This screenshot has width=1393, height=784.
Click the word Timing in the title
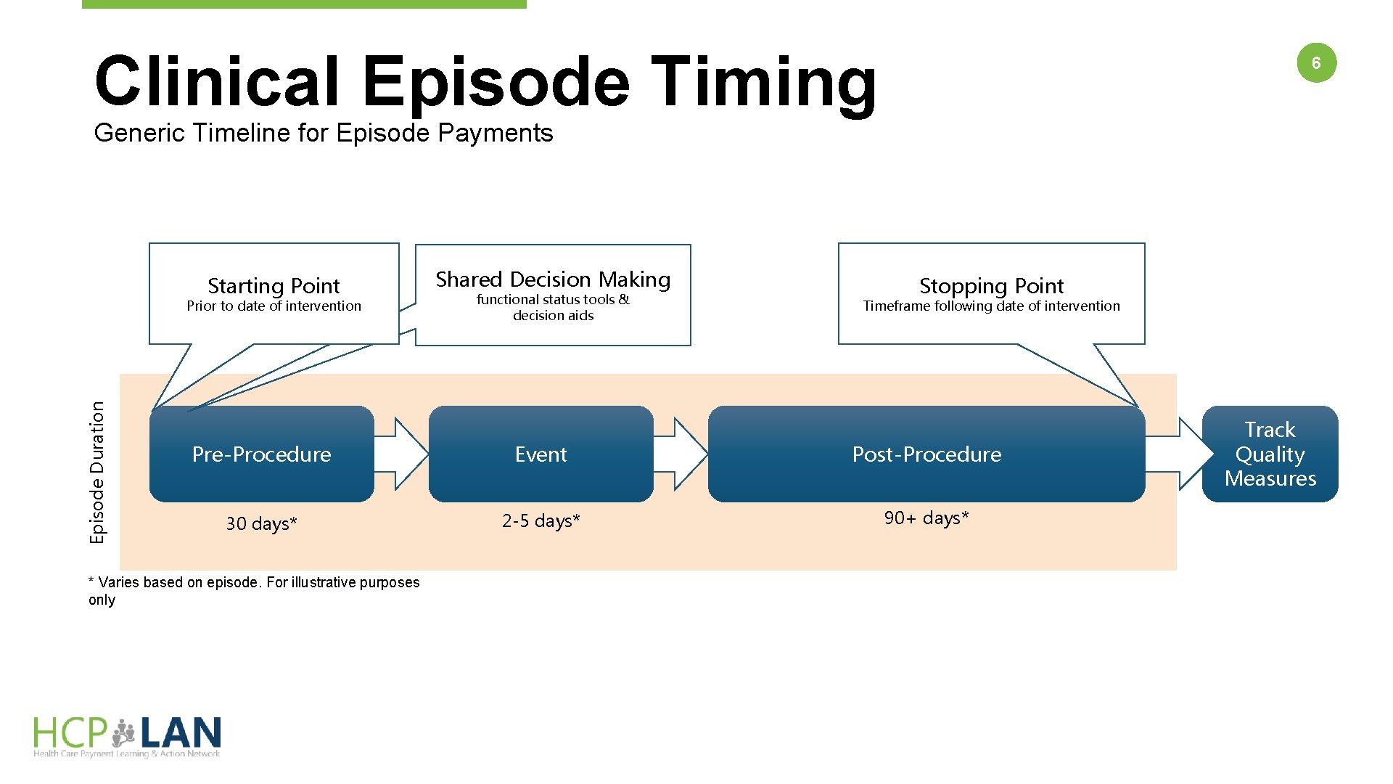[763, 81]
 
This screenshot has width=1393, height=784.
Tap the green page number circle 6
[1316, 63]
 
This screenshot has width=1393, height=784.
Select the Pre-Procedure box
[261, 454]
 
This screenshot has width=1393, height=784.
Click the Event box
[541, 454]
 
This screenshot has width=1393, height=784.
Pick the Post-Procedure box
[926, 454]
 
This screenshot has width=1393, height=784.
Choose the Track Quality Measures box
[1270, 454]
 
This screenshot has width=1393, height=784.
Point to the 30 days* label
[261, 523]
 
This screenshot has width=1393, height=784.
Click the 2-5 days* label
[541, 520]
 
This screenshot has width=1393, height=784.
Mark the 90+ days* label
[926, 518]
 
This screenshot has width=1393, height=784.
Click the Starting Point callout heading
[274, 285]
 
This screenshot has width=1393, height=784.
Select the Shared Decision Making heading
[553, 279]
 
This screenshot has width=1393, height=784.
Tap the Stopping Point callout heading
[991, 285]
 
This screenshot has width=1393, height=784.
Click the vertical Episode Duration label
[97, 472]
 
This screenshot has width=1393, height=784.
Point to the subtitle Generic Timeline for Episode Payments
[324, 133]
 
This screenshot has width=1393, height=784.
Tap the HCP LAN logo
[127, 736]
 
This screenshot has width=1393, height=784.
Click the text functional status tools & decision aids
[553, 307]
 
